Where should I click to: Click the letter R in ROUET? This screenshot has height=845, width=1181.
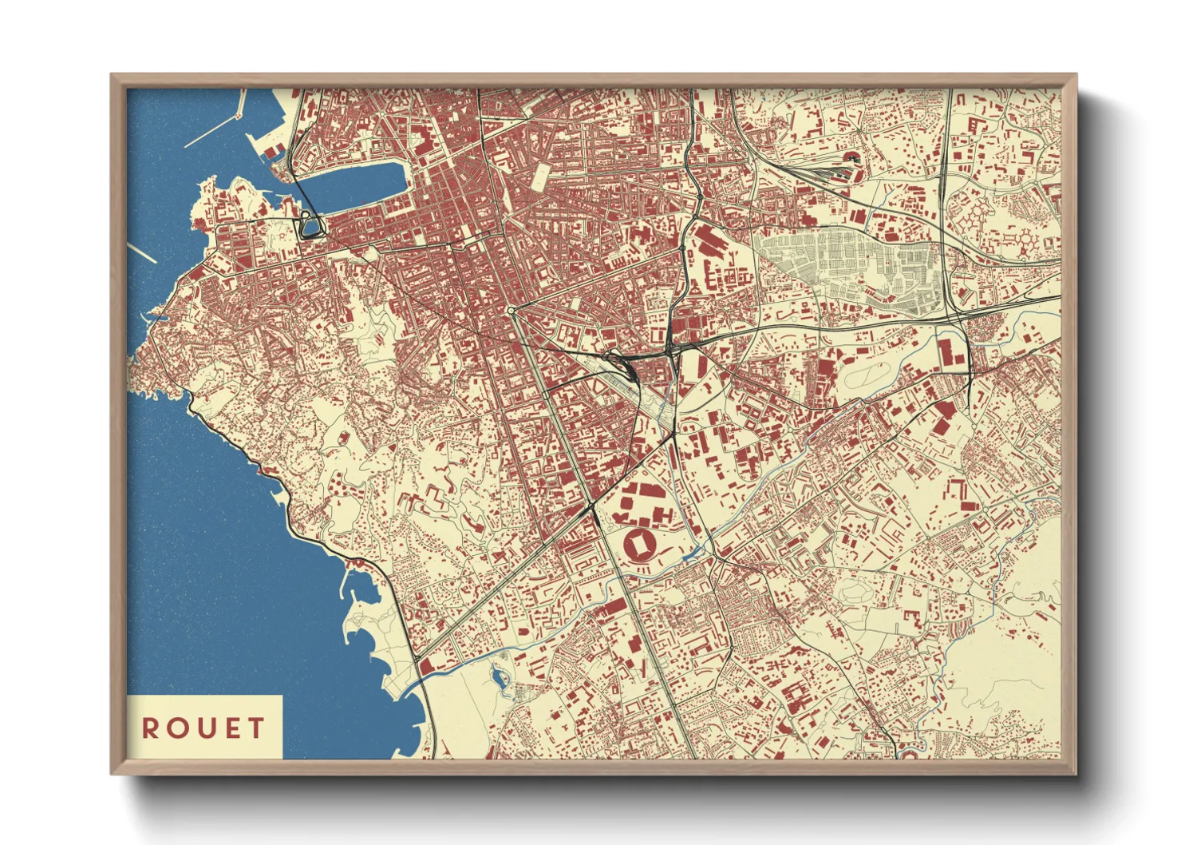click(x=149, y=728)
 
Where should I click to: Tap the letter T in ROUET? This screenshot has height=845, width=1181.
click(x=256, y=728)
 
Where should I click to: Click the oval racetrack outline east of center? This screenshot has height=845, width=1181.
click(x=865, y=376)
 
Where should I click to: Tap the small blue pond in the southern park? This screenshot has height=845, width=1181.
click(x=500, y=680)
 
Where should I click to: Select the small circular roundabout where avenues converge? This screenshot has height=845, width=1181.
click(x=511, y=310)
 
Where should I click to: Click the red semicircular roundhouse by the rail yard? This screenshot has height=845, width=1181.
click(x=851, y=157)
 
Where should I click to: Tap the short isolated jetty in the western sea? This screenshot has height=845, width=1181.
click(x=142, y=253)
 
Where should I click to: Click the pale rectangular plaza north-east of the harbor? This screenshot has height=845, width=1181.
click(x=540, y=177)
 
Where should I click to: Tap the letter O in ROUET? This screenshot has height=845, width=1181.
click(x=175, y=728)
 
